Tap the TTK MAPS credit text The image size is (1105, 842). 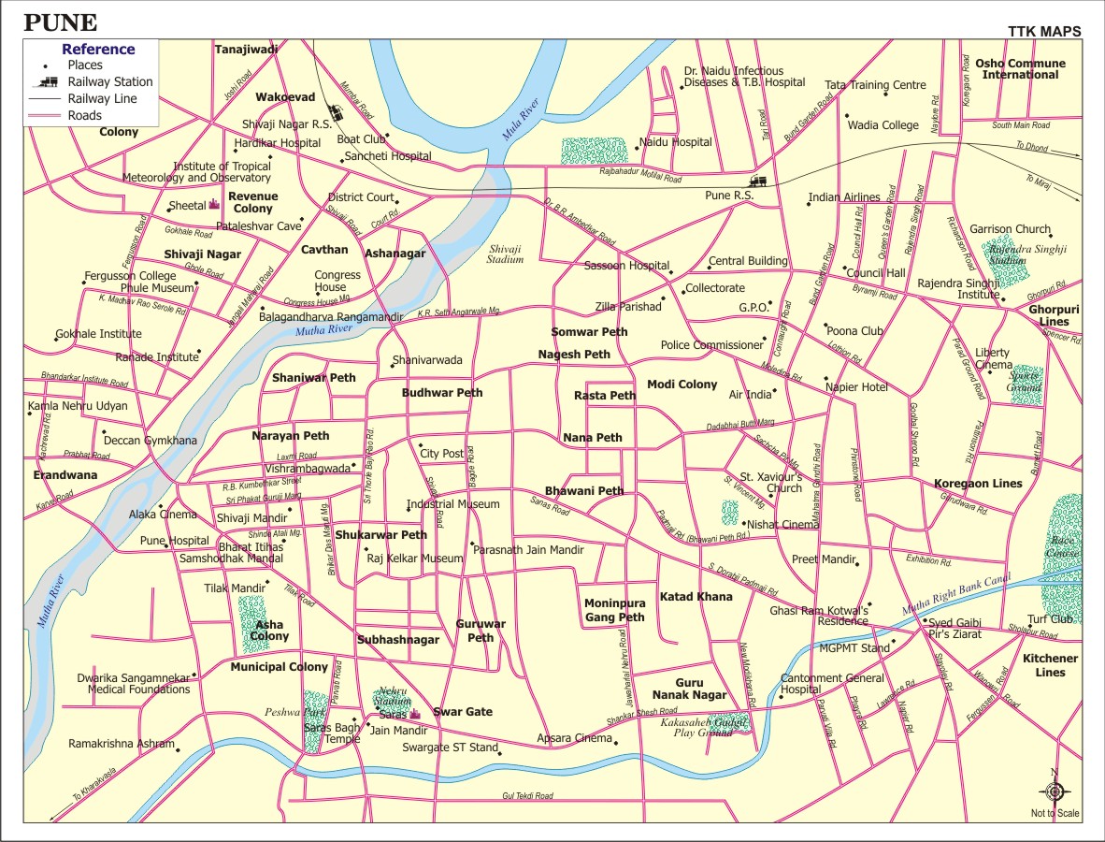click(1044, 32)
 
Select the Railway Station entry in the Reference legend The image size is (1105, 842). click(109, 81)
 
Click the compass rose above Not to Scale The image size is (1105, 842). click(1055, 791)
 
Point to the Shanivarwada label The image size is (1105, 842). click(427, 360)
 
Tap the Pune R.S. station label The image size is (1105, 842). click(729, 196)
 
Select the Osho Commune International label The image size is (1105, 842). click(1020, 69)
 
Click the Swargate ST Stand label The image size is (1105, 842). click(450, 748)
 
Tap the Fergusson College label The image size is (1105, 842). click(130, 276)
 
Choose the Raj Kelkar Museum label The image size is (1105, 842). click(414, 559)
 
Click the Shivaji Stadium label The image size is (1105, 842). click(505, 254)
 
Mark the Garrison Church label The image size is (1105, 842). click(1010, 229)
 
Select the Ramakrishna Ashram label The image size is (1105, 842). click(121, 744)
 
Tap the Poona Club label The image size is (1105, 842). click(854, 330)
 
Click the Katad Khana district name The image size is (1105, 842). click(696, 597)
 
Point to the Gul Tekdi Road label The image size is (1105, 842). click(527, 796)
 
